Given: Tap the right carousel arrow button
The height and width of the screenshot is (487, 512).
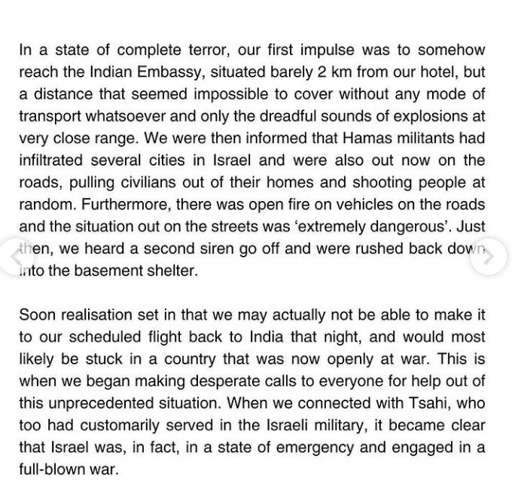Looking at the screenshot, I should pos(489,255).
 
